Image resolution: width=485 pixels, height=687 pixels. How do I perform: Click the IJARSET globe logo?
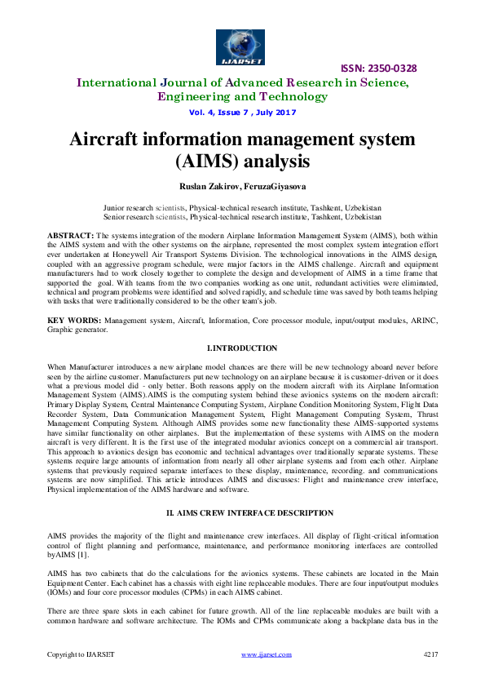pos(242,42)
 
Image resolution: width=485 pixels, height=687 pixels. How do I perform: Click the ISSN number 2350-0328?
pos(382,68)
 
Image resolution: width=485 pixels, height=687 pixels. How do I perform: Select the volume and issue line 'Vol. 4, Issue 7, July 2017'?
pos(241,112)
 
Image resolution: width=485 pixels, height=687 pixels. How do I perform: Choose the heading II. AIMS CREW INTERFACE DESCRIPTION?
pos(242,512)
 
